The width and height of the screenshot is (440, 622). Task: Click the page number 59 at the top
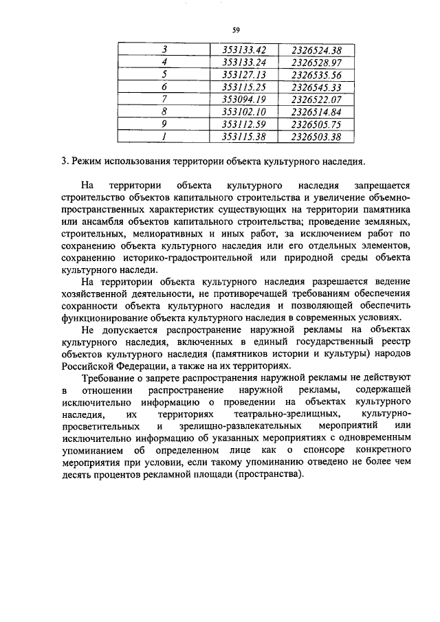235,30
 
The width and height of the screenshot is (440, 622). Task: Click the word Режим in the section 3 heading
88,162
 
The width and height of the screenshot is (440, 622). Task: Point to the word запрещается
382,186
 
